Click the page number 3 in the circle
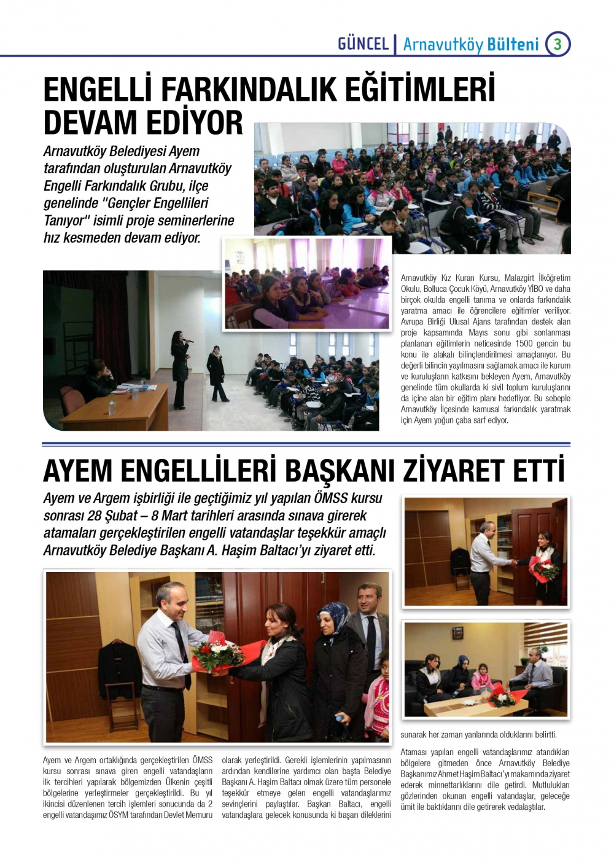pos(558,44)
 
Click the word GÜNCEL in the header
pos(363,44)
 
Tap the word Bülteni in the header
pos(513,44)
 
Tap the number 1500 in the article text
pos(524,343)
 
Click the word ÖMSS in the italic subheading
pos(331,498)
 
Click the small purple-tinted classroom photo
pos(307,284)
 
